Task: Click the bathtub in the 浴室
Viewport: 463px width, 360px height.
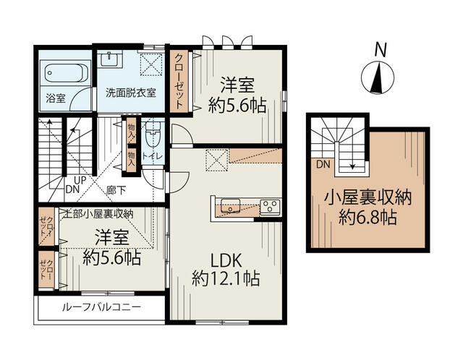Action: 66,74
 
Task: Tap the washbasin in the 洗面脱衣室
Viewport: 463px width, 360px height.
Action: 109,60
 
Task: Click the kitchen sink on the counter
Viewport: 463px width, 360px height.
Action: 230,206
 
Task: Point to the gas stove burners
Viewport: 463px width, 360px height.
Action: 270,206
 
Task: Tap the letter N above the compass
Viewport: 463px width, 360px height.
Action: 381,49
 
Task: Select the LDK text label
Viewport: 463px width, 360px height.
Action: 226,260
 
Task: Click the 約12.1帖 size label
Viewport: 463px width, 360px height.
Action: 226,278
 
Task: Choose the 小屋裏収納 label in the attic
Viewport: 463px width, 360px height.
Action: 368,198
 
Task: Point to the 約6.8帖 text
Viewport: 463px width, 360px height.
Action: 368,218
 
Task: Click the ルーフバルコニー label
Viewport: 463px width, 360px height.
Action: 101,307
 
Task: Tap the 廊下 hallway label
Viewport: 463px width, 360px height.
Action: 116,190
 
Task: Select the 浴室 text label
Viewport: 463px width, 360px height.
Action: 56,98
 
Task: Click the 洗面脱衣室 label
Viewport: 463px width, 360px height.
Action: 131,93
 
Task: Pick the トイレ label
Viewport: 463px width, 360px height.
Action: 153,156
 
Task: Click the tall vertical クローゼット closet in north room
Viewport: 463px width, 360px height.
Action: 179,81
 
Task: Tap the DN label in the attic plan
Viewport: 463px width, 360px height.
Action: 323,164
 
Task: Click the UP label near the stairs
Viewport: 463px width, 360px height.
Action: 80,180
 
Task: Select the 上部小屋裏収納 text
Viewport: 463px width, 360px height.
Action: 99,213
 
